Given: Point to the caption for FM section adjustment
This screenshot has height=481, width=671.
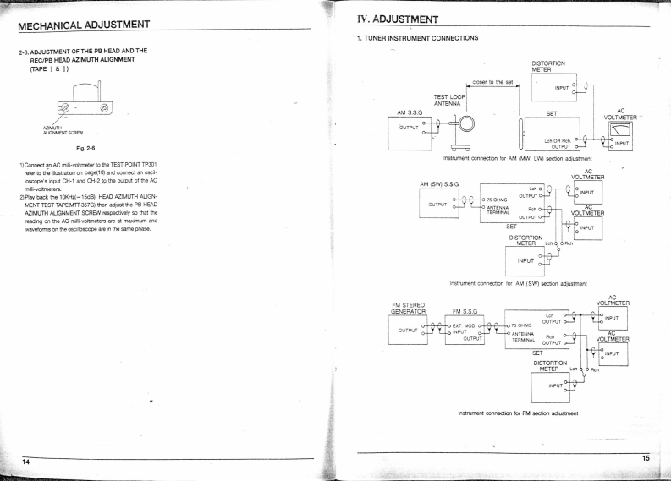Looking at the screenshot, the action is [x=517, y=412].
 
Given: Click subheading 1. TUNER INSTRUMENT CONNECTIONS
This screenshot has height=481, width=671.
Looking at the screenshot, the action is [x=417, y=38].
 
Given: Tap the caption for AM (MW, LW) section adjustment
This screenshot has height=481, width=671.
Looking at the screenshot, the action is [x=516, y=157].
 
